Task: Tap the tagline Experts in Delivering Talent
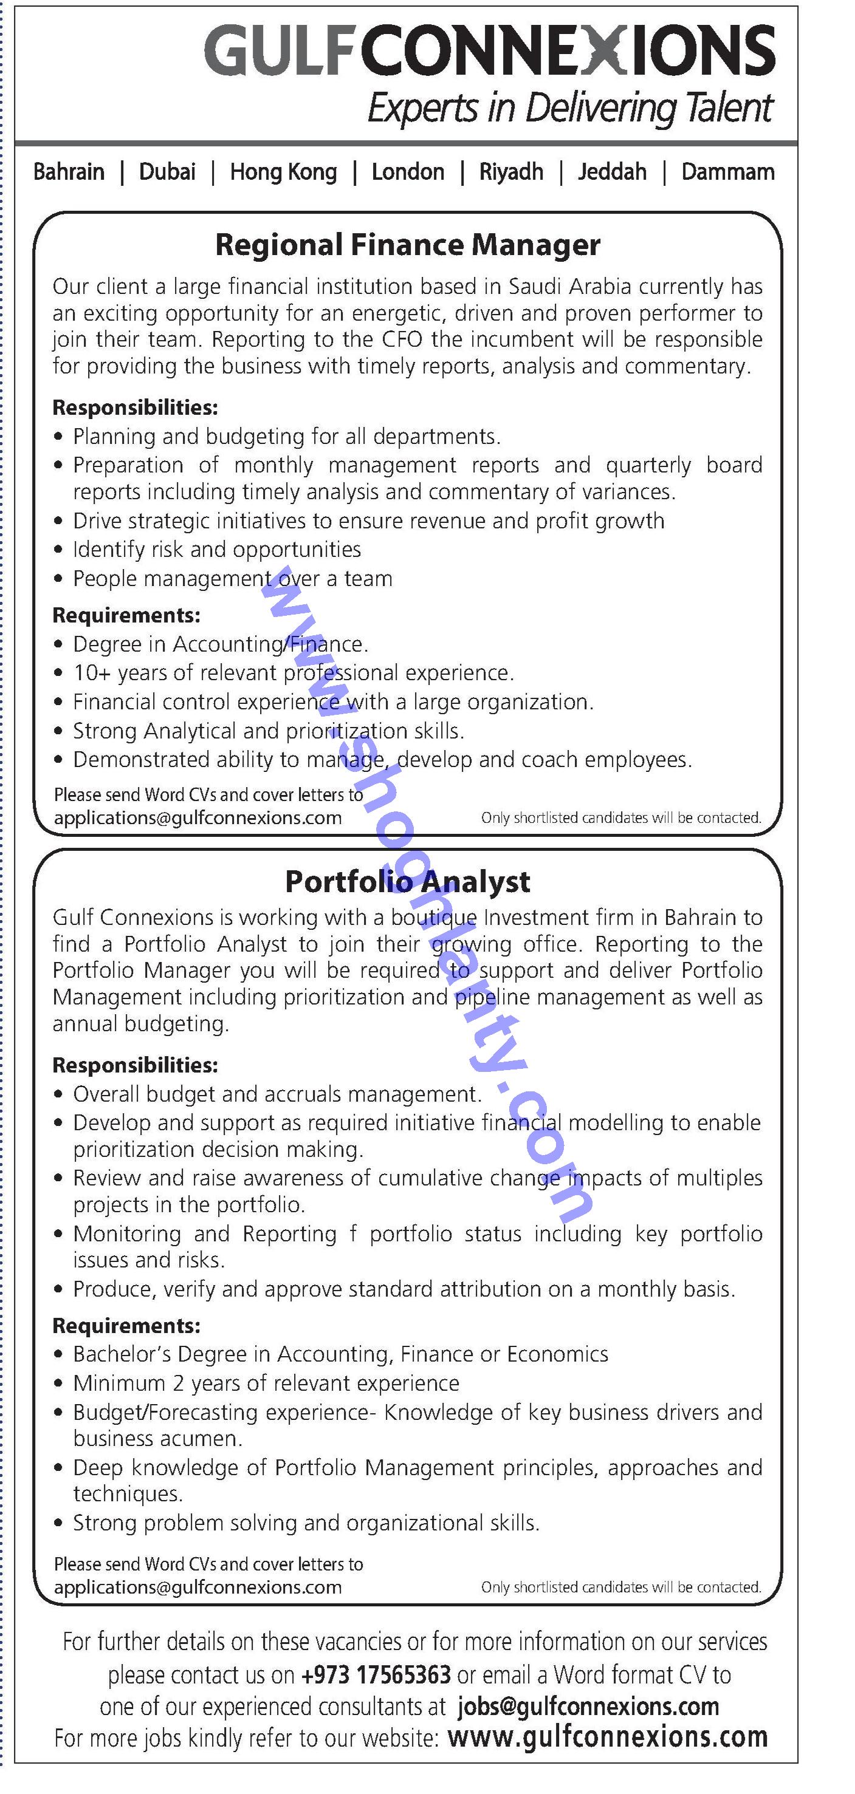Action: [570, 109]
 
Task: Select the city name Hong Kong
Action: [284, 172]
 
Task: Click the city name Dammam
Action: [727, 172]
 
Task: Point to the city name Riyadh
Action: [511, 172]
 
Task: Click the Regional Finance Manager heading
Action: [408, 245]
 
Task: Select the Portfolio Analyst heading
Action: [408, 882]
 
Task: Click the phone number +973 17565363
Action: [376, 1674]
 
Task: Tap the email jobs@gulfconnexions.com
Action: [588, 1707]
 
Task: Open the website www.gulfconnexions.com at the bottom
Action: [607, 1738]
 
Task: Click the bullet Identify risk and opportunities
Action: [217, 550]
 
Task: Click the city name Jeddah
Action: [612, 172]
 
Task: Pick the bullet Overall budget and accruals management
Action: [277, 1094]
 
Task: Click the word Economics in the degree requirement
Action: [557, 1354]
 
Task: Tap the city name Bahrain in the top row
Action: [69, 172]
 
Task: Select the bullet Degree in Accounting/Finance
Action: [220, 644]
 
